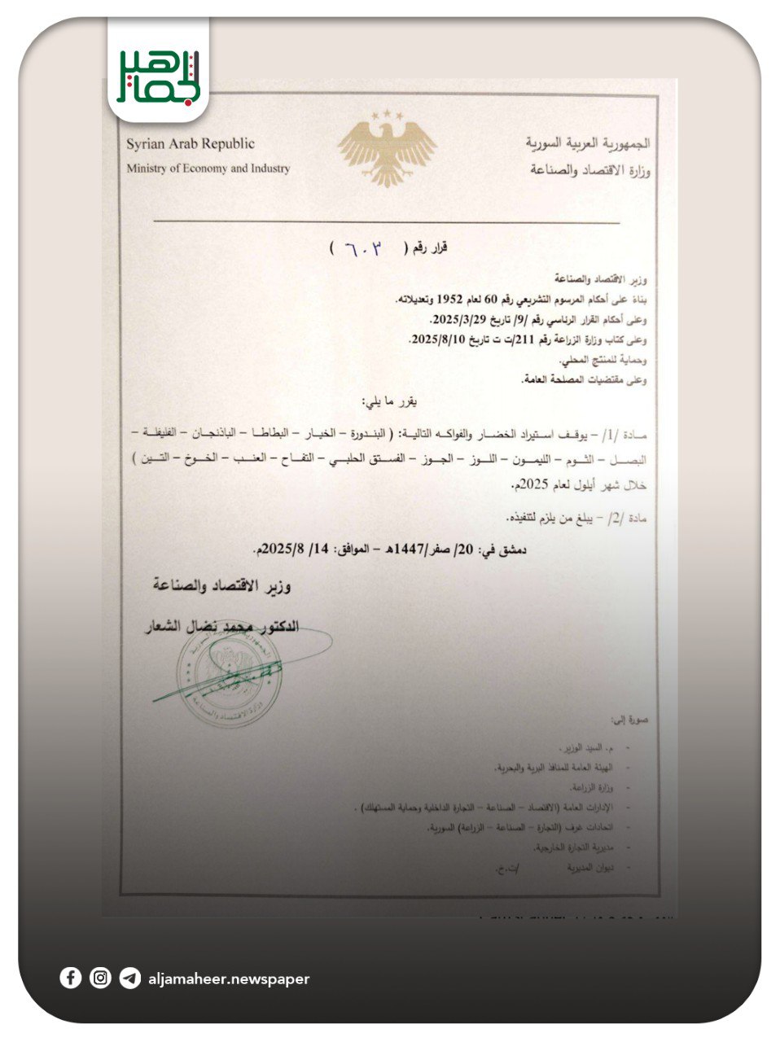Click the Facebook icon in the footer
point(71,978)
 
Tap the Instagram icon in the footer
point(100,978)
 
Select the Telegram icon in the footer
point(129,978)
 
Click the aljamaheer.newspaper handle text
point(229,979)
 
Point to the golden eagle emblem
point(388,148)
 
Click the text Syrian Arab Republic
point(190,144)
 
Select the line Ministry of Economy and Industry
point(208,169)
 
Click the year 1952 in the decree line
point(451,299)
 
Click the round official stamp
point(230,678)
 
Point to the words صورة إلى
point(629,720)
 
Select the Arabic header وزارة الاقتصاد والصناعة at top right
point(590,170)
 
